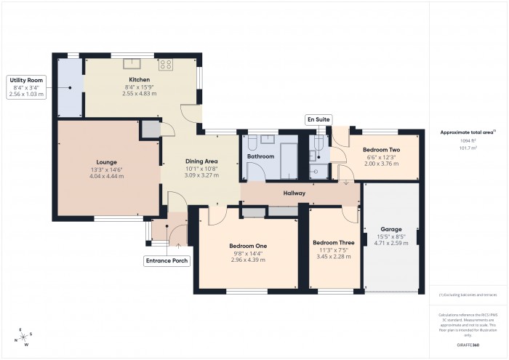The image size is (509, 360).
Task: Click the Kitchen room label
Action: [140, 80]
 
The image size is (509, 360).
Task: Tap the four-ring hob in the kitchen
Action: [165, 64]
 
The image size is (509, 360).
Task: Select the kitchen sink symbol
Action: [132, 63]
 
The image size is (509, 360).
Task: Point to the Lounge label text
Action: [106, 162]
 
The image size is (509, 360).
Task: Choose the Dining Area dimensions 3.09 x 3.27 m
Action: [201, 175]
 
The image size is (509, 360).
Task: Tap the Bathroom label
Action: [260, 156]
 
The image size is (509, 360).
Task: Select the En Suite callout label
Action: [318, 118]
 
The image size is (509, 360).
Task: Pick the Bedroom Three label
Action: [334, 242]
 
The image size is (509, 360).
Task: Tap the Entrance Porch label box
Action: [167, 260]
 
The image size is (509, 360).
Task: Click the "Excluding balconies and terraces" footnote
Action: [468, 295]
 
